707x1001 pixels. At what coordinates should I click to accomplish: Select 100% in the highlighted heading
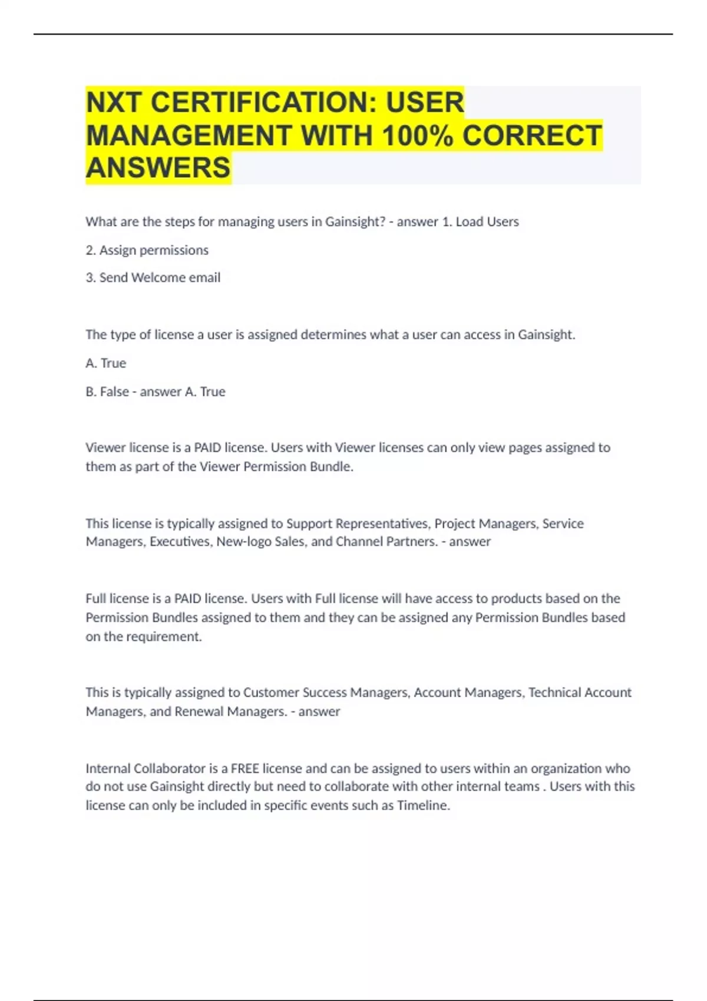[x=418, y=135]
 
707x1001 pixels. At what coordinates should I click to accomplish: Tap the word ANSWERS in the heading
[x=158, y=168]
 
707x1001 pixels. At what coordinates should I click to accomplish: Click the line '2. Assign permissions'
[x=147, y=250]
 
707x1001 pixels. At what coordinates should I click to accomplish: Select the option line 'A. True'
[x=105, y=363]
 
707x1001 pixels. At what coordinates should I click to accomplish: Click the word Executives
[x=180, y=542]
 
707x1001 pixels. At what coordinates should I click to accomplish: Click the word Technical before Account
[x=554, y=692]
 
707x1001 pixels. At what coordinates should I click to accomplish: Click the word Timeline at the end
[x=423, y=806]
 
